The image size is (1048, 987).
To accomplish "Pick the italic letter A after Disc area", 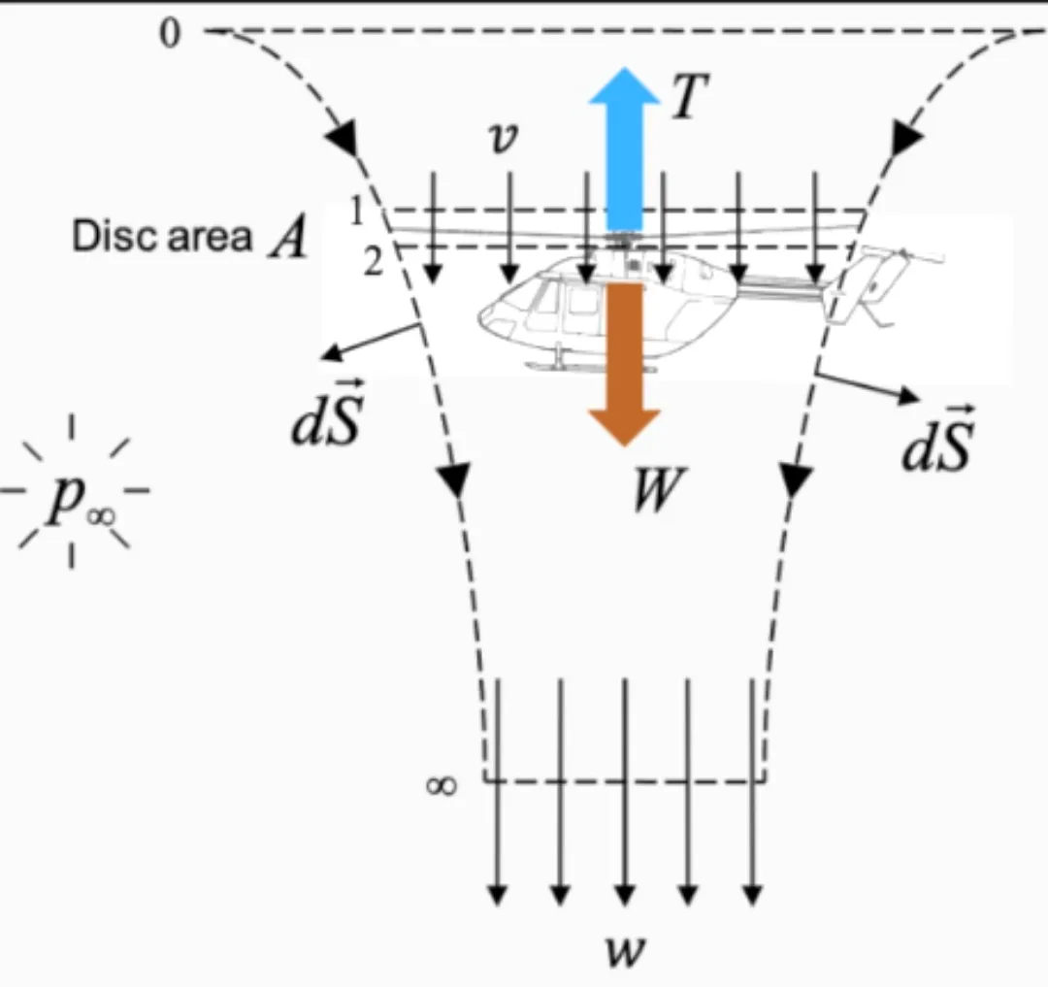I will pyautogui.click(x=287, y=238).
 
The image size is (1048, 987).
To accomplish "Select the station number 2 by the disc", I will pyautogui.click(x=373, y=262).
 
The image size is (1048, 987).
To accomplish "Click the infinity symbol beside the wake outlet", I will pyautogui.click(x=440, y=785).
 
